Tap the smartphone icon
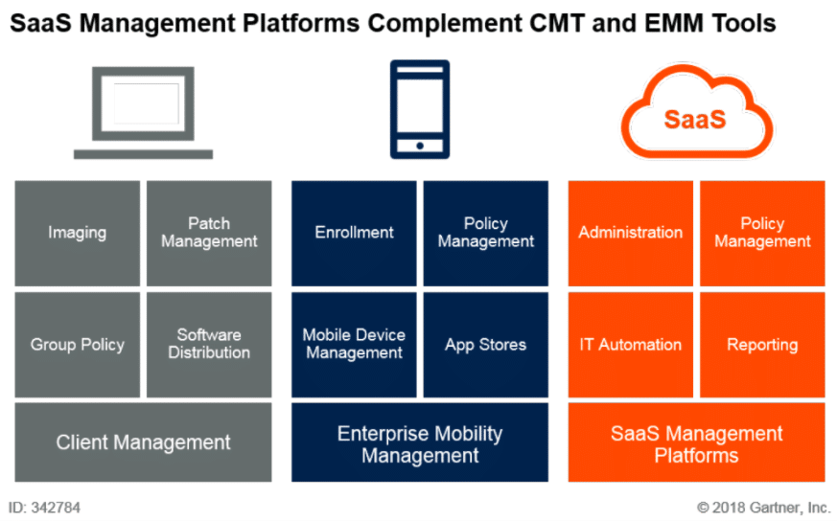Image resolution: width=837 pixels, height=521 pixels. [419, 108]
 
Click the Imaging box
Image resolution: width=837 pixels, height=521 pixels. [77, 233]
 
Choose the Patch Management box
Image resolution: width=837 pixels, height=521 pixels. [209, 233]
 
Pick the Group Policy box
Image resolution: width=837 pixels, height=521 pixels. [77, 345]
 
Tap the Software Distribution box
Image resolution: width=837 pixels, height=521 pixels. [209, 345]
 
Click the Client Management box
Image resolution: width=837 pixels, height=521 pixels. [143, 442]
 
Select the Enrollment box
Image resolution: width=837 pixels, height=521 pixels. [354, 233]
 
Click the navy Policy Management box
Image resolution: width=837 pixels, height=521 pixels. [486, 233]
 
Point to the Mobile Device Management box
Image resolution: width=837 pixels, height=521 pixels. [354, 345]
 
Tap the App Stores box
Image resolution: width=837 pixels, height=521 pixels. [486, 345]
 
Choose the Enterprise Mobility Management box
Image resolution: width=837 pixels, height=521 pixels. [420, 442]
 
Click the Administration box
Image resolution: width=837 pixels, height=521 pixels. [631, 233]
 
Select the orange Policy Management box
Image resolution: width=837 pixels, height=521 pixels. [762, 233]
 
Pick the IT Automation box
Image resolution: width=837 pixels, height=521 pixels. [631, 345]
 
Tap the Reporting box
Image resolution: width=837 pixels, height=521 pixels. [762, 345]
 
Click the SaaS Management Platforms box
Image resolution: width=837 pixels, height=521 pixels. [696, 442]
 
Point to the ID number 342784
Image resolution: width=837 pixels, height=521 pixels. [46, 507]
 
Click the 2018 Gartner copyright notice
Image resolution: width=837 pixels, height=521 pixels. [763, 507]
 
